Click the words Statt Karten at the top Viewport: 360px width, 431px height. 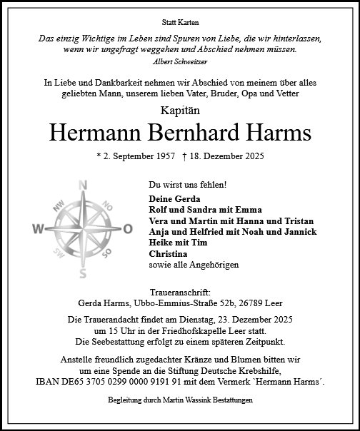pos(179,24)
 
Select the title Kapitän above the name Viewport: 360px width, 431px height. pos(179,111)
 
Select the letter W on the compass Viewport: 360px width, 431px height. pos(38,229)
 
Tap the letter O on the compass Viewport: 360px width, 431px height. pos(128,229)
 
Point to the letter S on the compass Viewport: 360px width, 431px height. pos(83,273)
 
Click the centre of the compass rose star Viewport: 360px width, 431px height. pos(83,229)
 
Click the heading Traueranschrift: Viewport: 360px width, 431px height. pos(179,293)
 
